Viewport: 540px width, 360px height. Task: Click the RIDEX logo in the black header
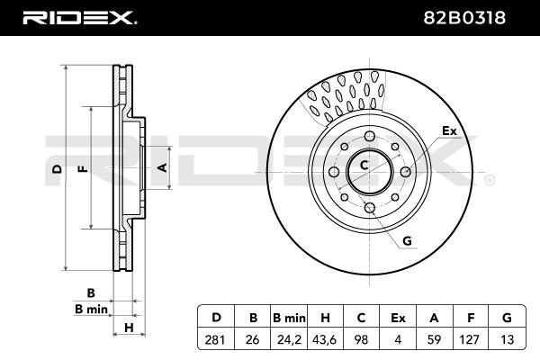(79, 18)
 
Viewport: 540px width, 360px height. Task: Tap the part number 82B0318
(464, 18)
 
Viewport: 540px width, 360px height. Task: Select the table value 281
(215, 339)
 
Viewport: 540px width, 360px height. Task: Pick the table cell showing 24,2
(289, 339)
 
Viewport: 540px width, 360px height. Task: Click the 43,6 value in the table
(326, 339)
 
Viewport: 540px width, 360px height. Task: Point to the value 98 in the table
(362, 339)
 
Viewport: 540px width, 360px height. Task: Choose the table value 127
(469, 339)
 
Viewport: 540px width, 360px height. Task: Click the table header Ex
(398, 318)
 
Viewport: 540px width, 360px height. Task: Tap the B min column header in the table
(289, 318)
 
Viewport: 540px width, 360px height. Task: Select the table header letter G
(507, 318)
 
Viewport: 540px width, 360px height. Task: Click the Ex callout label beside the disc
(449, 130)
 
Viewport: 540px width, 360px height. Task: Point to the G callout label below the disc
(407, 241)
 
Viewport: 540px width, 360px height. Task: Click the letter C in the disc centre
(364, 166)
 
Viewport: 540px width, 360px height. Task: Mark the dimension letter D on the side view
(57, 169)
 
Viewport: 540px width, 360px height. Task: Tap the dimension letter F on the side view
(83, 169)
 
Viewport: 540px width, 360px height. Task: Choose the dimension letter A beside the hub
(162, 167)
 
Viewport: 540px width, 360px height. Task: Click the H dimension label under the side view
(129, 328)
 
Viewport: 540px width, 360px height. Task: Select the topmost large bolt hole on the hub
(370, 136)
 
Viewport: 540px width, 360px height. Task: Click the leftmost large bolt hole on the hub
(334, 172)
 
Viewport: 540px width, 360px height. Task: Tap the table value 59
(434, 339)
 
